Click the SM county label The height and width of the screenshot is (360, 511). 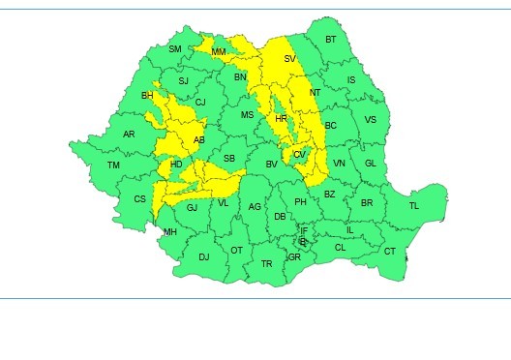click(175, 49)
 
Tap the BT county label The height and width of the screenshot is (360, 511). click(331, 40)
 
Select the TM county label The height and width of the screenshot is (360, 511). click(113, 165)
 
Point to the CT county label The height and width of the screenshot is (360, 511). click(390, 252)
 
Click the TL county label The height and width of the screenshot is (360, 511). click(413, 206)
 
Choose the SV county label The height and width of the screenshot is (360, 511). click(288, 59)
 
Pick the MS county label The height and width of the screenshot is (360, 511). click(247, 115)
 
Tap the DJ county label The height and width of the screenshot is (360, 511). click(203, 257)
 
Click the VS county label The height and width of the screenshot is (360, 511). click(370, 120)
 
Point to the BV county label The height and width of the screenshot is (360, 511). click(272, 165)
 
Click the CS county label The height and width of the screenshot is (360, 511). click(139, 199)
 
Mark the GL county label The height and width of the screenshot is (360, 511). click(370, 164)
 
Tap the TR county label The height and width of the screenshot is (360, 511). click(266, 263)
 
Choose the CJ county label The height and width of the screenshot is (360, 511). click(200, 102)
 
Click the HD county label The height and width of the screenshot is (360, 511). click(176, 165)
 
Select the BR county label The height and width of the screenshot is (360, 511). click(366, 203)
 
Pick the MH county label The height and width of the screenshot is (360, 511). click(169, 232)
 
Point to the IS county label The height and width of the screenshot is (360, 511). click(351, 80)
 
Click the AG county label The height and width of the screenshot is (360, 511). click(255, 207)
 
